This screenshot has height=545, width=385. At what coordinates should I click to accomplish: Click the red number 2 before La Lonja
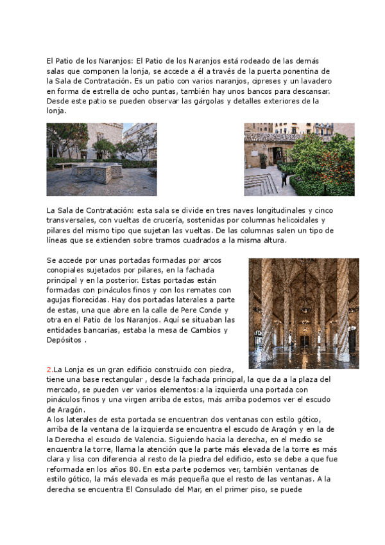click(x=49, y=370)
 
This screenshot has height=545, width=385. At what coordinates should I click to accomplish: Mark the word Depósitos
click(x=65, y=340)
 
